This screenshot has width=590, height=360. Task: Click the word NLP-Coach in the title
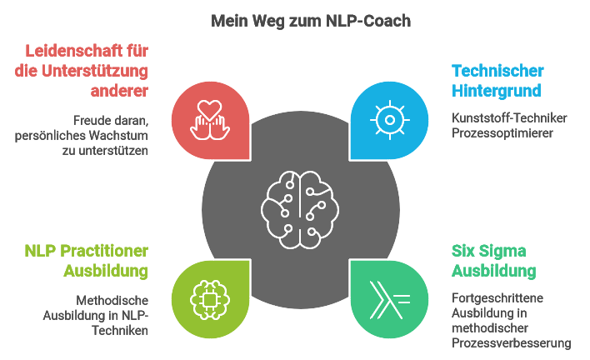click(366, 21)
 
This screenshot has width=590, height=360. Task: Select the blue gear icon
click(387, 119)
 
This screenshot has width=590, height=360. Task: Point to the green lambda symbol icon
click(387, 297)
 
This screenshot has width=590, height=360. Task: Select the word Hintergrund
click(497, 90)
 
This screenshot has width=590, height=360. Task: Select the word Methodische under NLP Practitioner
click(112, 299)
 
